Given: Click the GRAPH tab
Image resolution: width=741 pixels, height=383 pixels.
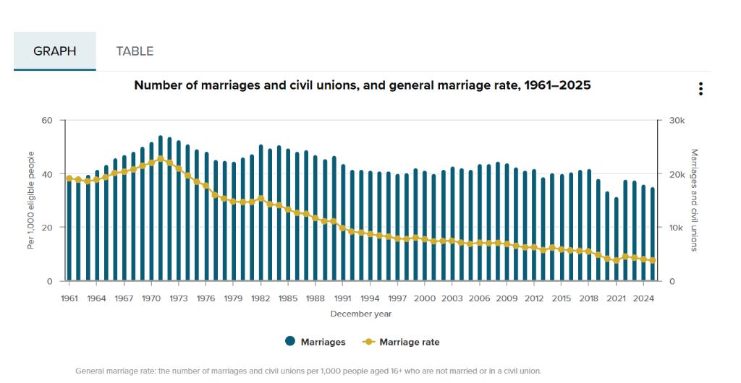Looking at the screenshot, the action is point(55,51).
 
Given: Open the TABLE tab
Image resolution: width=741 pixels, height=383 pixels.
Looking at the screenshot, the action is point(135,51).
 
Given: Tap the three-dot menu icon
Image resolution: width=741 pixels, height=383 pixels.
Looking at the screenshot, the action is point(700,89).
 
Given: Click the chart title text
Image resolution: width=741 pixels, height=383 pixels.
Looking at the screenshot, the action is point(363,85).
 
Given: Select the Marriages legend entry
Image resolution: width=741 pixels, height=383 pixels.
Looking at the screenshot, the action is point(316,342).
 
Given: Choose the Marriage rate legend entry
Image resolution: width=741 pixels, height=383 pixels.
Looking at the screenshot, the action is point(401,342).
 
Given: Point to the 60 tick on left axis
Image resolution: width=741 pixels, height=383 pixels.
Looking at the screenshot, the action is point(47,120).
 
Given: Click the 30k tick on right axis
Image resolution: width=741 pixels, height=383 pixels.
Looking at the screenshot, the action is point(677,121).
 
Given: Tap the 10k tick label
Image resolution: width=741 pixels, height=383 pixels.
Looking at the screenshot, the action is point(677,228).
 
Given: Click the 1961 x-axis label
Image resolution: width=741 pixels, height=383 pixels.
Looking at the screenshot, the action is point(69,298).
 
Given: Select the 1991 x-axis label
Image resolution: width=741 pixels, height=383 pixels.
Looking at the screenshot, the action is point(342,298).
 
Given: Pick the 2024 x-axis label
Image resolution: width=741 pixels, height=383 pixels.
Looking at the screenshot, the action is point(643,298).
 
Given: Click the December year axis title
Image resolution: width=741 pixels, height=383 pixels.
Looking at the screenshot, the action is point(361,314).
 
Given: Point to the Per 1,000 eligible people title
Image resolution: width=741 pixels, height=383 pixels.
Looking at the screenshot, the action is point(31,200).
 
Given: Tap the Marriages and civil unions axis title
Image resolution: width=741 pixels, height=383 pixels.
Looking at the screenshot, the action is point(694,200).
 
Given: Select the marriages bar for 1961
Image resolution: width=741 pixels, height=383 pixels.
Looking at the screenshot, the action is point(69,229).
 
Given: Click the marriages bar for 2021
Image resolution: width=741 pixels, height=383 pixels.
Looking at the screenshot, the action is point(617,239).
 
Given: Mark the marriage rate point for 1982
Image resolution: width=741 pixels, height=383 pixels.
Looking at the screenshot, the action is point(261,199).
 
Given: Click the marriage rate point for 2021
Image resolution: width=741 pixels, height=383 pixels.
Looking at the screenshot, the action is point(617,260).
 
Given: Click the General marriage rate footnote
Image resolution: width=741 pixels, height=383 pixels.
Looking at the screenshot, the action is point(308,371).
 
